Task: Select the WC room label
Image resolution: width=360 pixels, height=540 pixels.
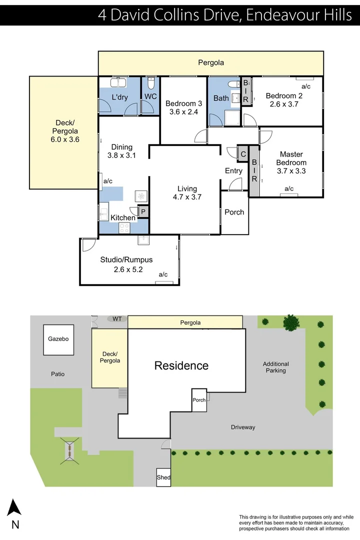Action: click(x=151, y=97)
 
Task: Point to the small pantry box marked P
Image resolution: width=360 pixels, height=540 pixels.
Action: click(x=143, y=212)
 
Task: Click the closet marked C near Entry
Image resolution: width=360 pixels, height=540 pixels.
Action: click(x=243, y=154)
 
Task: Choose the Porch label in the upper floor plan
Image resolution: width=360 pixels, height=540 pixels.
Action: click(x=234, y=212)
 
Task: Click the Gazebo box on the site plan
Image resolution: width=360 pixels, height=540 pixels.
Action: click(x=59, y=339)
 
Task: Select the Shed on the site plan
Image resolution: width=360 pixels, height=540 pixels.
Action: click(x=163, y=477)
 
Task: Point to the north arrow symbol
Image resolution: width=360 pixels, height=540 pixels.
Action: click(x=15, y=507)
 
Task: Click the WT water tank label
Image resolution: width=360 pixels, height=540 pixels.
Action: click(x=117, y=318)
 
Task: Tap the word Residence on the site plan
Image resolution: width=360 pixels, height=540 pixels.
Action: click(x=181, y=365)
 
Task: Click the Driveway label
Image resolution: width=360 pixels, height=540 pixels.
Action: click(x=243, y=427)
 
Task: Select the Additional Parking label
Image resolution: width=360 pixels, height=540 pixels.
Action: click(x=275, y=367)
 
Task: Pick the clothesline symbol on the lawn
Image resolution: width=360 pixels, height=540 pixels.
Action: click(x=69, y=448)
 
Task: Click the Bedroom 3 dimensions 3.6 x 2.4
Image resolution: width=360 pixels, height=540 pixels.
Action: click(x=183, y=112)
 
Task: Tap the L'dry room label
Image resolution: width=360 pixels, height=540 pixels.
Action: click(x=120, y=97)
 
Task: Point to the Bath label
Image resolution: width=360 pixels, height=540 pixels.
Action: click(x=221, y=98)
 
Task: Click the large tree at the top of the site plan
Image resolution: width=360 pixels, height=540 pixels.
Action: click(x=290, y=322)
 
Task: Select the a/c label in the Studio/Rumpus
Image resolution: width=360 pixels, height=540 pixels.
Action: click(x=163, y=274)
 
